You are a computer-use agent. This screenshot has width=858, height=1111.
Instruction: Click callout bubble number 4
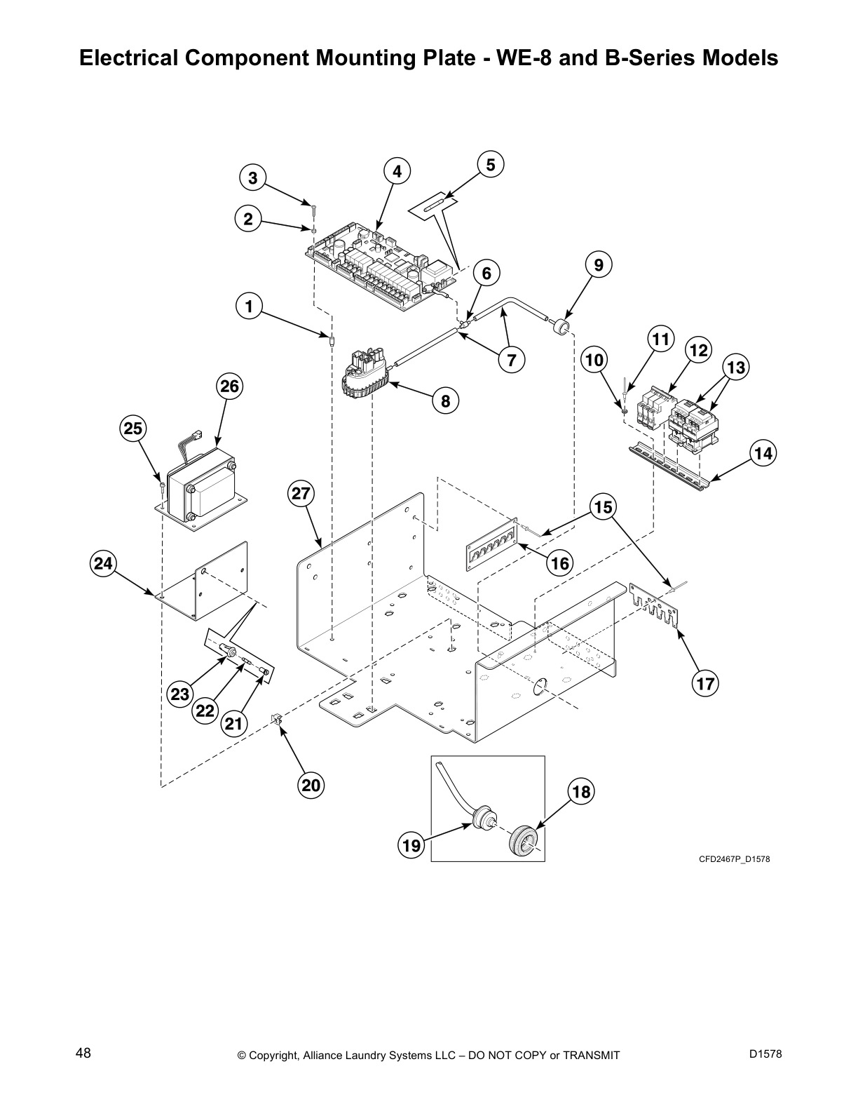[x=397, y=171]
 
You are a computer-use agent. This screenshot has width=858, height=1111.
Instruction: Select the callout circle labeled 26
[x=229, y=386]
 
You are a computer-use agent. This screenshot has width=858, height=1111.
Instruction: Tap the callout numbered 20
[x=311, y=786]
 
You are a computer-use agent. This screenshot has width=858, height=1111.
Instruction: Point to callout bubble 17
[x=705, y=683]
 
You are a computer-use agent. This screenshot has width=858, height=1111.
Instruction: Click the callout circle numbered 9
[x=598, y=265]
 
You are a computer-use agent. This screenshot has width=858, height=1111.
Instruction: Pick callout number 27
[x=301, y=494]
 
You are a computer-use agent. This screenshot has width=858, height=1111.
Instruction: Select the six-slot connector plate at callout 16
[x=491, y=546]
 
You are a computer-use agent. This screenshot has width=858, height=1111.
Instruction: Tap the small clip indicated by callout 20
[x=276, y=718]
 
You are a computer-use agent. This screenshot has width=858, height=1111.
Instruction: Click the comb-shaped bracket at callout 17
[x=655, y=605]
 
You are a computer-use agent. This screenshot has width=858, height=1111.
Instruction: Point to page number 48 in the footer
[x=83, y=1053]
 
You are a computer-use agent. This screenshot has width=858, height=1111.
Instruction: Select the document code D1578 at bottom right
[x=765, y=1053]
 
